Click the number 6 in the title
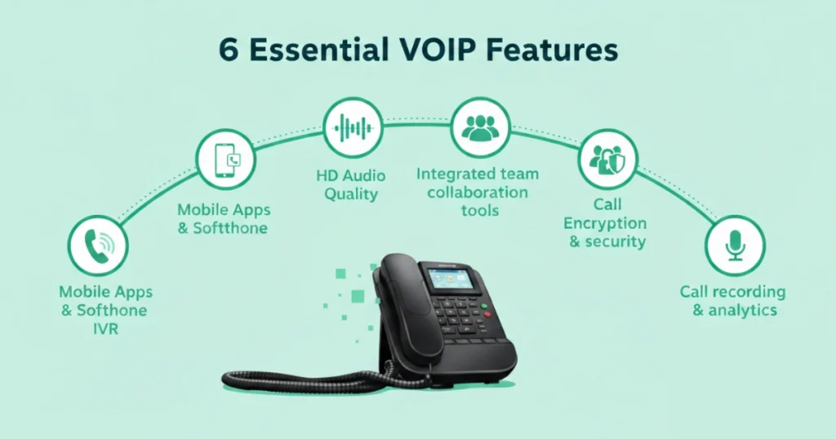(229, 51)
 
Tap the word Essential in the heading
(316, 51)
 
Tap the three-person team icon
(482, 127)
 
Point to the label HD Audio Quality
(351, 185)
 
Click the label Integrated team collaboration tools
(477, 192)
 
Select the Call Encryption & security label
(605, 223)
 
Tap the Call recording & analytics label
(733, 301)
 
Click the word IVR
(105, 328)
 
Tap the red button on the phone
(487, 314)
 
